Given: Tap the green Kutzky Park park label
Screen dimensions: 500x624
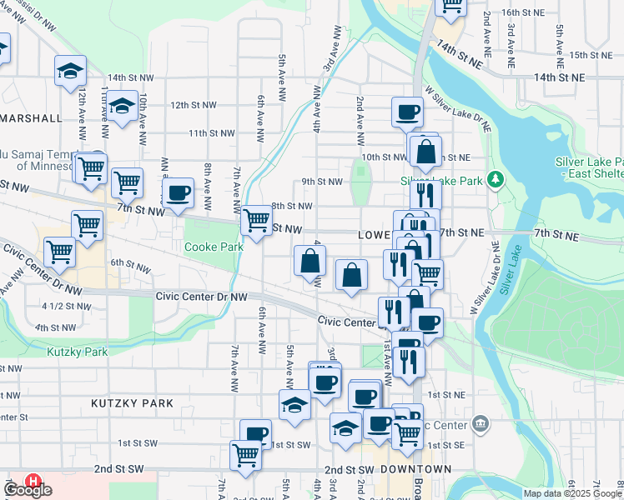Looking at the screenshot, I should (78, 352).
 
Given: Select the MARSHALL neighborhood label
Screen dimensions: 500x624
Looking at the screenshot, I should (32, 118).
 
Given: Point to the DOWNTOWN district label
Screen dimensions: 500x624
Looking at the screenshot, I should (405, 469).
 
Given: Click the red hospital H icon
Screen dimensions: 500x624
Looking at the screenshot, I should (33, 482).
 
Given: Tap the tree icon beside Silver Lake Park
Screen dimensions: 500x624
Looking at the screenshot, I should (495, 180).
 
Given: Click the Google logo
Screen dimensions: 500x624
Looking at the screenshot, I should (28, 490).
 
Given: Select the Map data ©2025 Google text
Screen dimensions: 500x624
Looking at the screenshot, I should (571, 493).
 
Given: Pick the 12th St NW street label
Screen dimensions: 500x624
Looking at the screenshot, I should (193, 106).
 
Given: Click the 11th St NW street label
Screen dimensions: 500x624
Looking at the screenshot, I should (210, 132).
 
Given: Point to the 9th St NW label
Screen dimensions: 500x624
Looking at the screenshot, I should (322, 181).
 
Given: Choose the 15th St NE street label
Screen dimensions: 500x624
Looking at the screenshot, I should (591, 55).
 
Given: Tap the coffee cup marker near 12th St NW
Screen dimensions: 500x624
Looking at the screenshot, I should (407, 111).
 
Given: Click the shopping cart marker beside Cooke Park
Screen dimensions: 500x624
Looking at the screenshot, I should (256, 220).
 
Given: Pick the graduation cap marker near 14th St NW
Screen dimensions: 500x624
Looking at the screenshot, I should (71, 70).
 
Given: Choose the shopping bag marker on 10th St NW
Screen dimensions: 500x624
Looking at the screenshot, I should (425, 152).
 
